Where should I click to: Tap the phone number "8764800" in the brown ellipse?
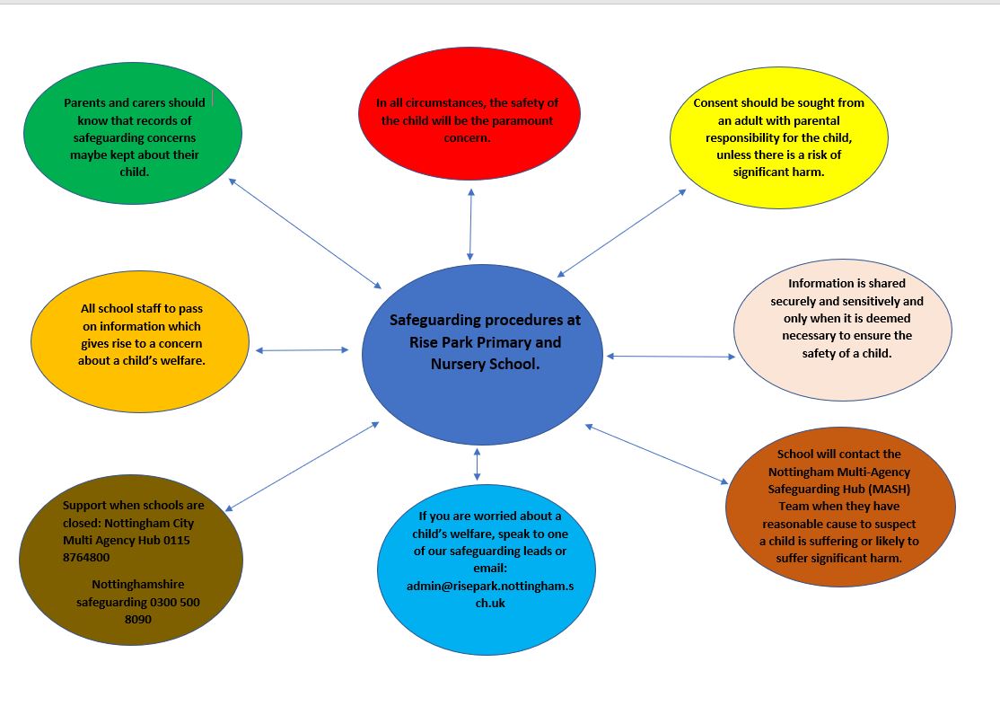tap(86, 557)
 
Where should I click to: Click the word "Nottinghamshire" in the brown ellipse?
tap(137, 584)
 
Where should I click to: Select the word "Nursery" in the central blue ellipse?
tap(461, 364)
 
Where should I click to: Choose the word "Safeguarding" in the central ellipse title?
tap(434, 320)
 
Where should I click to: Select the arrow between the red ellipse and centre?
tap(470, 225)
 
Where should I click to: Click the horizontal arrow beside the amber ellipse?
tap(302, 350)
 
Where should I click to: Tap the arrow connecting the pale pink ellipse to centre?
tap(671, 357)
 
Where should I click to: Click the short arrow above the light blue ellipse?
tap(477, 463)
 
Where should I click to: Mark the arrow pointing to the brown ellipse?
tap(303, 466)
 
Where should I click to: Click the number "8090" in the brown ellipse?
tap(137, 619)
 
